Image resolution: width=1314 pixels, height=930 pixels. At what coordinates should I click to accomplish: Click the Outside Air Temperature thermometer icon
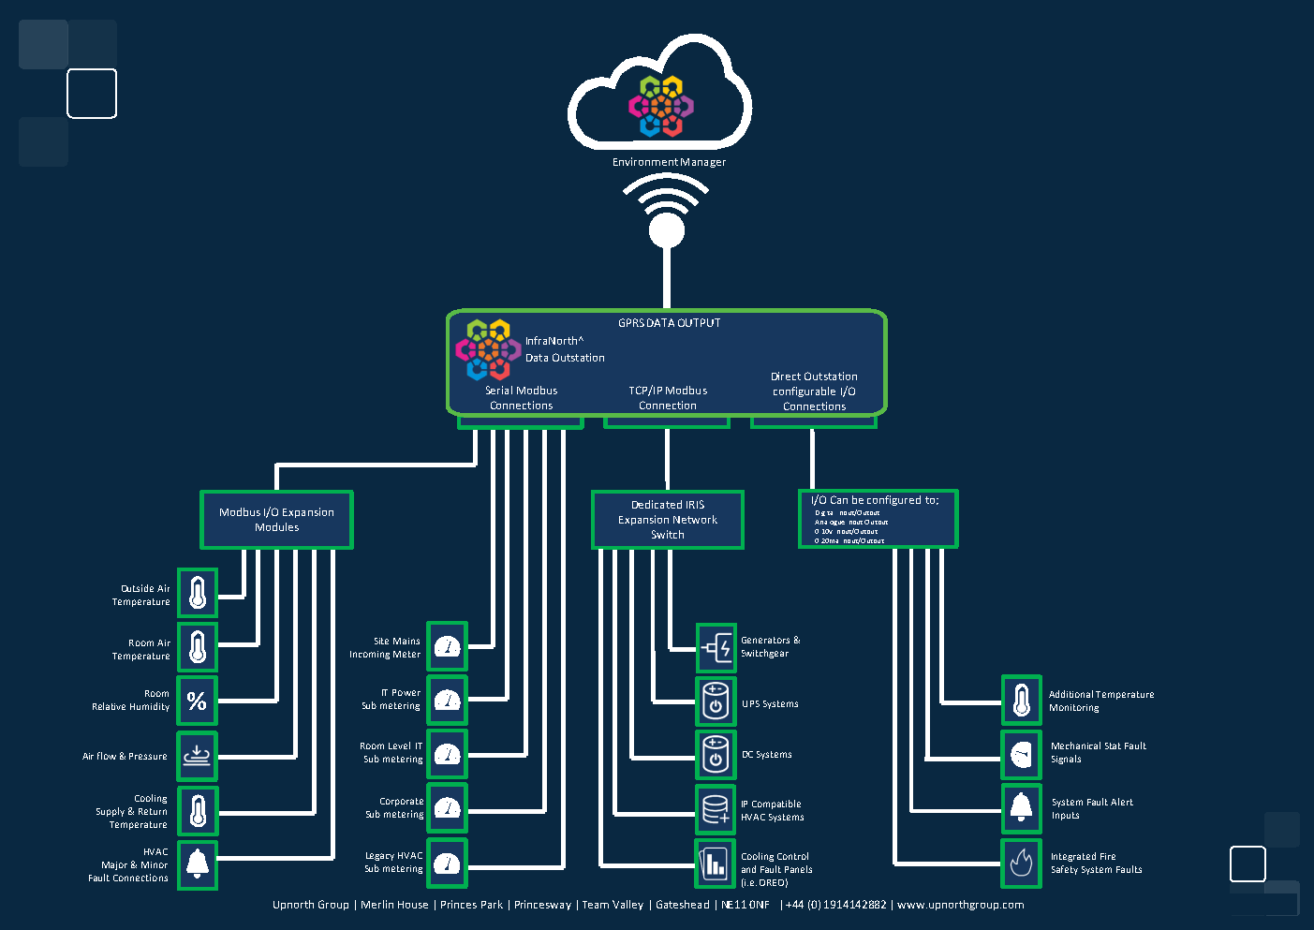pyautogui.click(x=198, y=593)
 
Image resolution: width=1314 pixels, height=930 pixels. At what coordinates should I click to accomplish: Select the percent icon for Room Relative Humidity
pyautogui.click(x=198, y=701)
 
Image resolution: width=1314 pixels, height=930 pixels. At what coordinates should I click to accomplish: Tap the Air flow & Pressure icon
pyautogui.click(x=198, y=756)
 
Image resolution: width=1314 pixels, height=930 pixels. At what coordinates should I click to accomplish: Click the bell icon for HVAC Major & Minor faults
pyautogui.click(x=198, y=864)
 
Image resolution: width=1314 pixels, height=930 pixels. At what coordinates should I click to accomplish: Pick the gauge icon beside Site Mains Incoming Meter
pyautogui.click(x=448, y=646)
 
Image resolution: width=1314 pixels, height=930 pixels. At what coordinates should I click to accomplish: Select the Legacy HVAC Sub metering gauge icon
pyautogui.click(x=448, y=864)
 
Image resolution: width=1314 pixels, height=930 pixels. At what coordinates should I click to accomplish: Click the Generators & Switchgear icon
pyautogui.click(x=716, y=647)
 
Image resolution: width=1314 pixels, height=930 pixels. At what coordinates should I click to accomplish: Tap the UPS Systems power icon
pyautogui.click(x=716, y=701)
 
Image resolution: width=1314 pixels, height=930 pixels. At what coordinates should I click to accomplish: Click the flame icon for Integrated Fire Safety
pyautogui.click(x=1022, y=863)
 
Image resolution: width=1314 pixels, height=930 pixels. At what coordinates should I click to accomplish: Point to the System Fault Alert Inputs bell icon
pyautogui.click(x=1022, y=808)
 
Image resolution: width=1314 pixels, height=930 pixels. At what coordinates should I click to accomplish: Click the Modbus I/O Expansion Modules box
pyautogui.click(x=276, y=520)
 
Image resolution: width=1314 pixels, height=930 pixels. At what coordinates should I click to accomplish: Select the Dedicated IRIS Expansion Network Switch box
pyautogui.click(x=668, y=520)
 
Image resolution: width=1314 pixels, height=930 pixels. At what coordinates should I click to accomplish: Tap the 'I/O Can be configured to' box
pyautogui.click(x=878, y=519)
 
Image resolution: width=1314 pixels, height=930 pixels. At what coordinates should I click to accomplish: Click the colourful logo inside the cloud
pyautogui.click(x=661, y=106)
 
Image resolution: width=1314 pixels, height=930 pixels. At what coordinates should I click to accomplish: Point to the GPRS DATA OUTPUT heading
pyautogui.click(x=669, y=323)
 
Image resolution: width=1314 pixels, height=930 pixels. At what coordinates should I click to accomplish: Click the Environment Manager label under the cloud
pyautogui.click(x=669, y=162)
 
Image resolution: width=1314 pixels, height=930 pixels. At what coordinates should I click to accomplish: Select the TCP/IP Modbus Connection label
pyautogui.click(x=668, y=398)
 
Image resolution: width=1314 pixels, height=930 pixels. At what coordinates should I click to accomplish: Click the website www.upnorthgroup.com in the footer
pyautogui.click(x=960, y=905)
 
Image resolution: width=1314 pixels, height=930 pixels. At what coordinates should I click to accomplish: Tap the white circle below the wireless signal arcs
pyautogui.click(x=667, y=230)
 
